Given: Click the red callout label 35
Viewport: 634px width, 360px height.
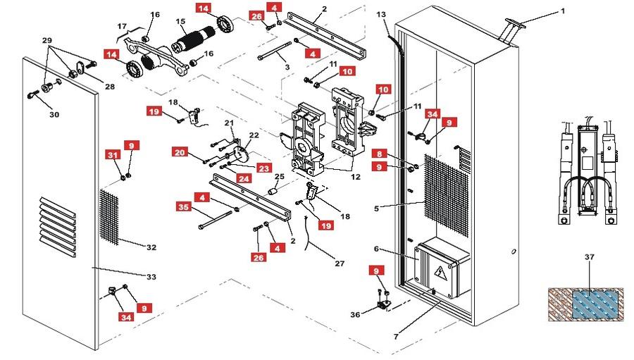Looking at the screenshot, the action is pyautogui.click(x=184, y=206).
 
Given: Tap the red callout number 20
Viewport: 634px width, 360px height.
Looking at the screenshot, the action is pyautogui.click(x=179, y=152).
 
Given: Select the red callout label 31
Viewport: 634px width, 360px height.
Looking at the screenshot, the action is pyautogui.click(x=113, y=154).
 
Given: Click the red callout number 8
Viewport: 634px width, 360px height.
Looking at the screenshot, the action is pyautogui.click(x=379, y=154).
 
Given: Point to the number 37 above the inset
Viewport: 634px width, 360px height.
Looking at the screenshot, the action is pyautogui.click(x=590, y=257).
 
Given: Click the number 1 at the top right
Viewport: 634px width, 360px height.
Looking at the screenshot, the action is pyautogui.click(x=562, y=11).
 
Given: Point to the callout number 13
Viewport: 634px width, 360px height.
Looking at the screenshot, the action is pyautogui.click(x=381, y=15).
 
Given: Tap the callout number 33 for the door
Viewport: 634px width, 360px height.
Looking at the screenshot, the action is pyautogui.click(x=151, y=277).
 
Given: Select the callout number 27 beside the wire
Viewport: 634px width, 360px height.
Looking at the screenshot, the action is pyautogui.click(x=340, y=263).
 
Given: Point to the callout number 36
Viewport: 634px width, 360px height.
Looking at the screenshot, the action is pyautogui.click(x=355, y=314).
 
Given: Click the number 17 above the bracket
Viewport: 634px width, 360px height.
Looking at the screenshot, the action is pyautogui.click(x=122, y=26).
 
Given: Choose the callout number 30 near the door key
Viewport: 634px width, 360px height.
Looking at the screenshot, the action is pyautogui.click(x=54, y=114).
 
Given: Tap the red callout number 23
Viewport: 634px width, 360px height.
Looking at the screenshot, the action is pyautogui.click(x=264, y=168).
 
